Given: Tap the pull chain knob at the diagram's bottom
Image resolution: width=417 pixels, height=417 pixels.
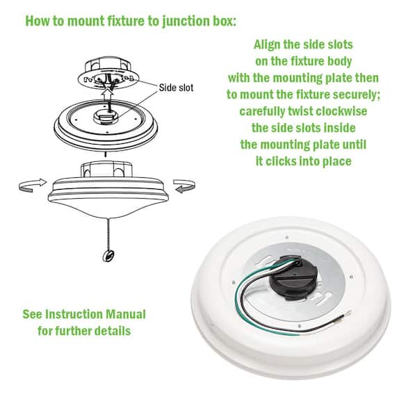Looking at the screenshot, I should (x=107, y=256).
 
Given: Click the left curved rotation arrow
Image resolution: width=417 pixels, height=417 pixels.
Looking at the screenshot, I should (x=31, y=184).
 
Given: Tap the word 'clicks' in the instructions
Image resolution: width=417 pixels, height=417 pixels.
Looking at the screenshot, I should (x=292, y=161).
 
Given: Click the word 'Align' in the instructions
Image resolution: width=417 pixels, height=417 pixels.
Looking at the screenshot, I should (x=267, y=44).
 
